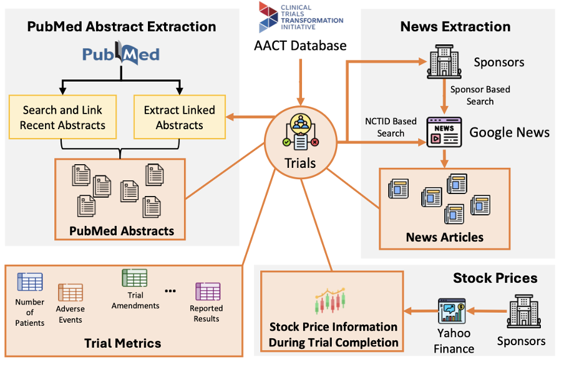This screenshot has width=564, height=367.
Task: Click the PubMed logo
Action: coord(121,55)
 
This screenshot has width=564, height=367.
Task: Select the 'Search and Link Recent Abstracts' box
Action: coord(62,117)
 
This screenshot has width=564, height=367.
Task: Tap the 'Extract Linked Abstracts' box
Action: coord(179,117)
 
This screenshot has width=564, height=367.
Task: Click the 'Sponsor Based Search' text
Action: coord(480,95)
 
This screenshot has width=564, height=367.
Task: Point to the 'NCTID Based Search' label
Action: coord(391,127)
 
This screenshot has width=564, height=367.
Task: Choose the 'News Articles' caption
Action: coord(444,237)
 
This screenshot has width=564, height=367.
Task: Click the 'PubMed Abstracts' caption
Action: coord(122,231)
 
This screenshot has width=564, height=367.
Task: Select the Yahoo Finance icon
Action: coord(454,311)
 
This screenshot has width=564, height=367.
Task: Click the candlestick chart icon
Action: coord(330,302)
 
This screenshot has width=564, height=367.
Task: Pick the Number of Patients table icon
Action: coord(30,282)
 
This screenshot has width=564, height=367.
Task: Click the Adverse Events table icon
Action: coord(70,293)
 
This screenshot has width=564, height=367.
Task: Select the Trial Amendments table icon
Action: coord(135,278)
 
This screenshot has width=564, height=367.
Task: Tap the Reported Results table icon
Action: coord(207,291)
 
